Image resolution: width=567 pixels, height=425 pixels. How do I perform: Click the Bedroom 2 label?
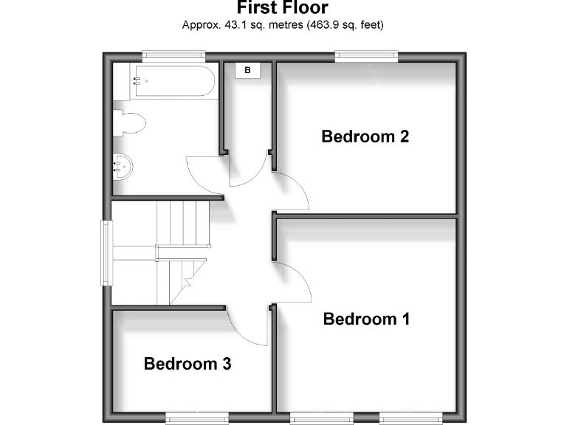[365, 137]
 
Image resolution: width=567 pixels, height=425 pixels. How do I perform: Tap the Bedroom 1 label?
[366, 319]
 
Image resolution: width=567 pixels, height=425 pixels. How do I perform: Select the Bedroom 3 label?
[188, 364]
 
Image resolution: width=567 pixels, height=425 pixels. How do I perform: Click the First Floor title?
[283, 8]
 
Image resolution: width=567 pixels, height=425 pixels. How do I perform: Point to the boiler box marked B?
[248, 70]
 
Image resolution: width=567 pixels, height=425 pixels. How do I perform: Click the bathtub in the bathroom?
[174, 81]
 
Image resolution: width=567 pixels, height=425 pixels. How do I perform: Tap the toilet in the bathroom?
[129, 122]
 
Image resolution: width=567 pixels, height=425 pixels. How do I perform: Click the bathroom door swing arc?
[199, 174]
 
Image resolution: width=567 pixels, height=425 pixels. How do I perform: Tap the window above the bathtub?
[173, 53]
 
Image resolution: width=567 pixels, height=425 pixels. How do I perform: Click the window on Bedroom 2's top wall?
[367, 53]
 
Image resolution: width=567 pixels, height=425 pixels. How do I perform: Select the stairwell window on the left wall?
[106, 253]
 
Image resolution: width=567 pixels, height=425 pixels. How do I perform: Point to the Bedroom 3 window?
[194, 418]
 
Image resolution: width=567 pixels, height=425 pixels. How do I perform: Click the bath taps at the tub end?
[136, 81]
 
